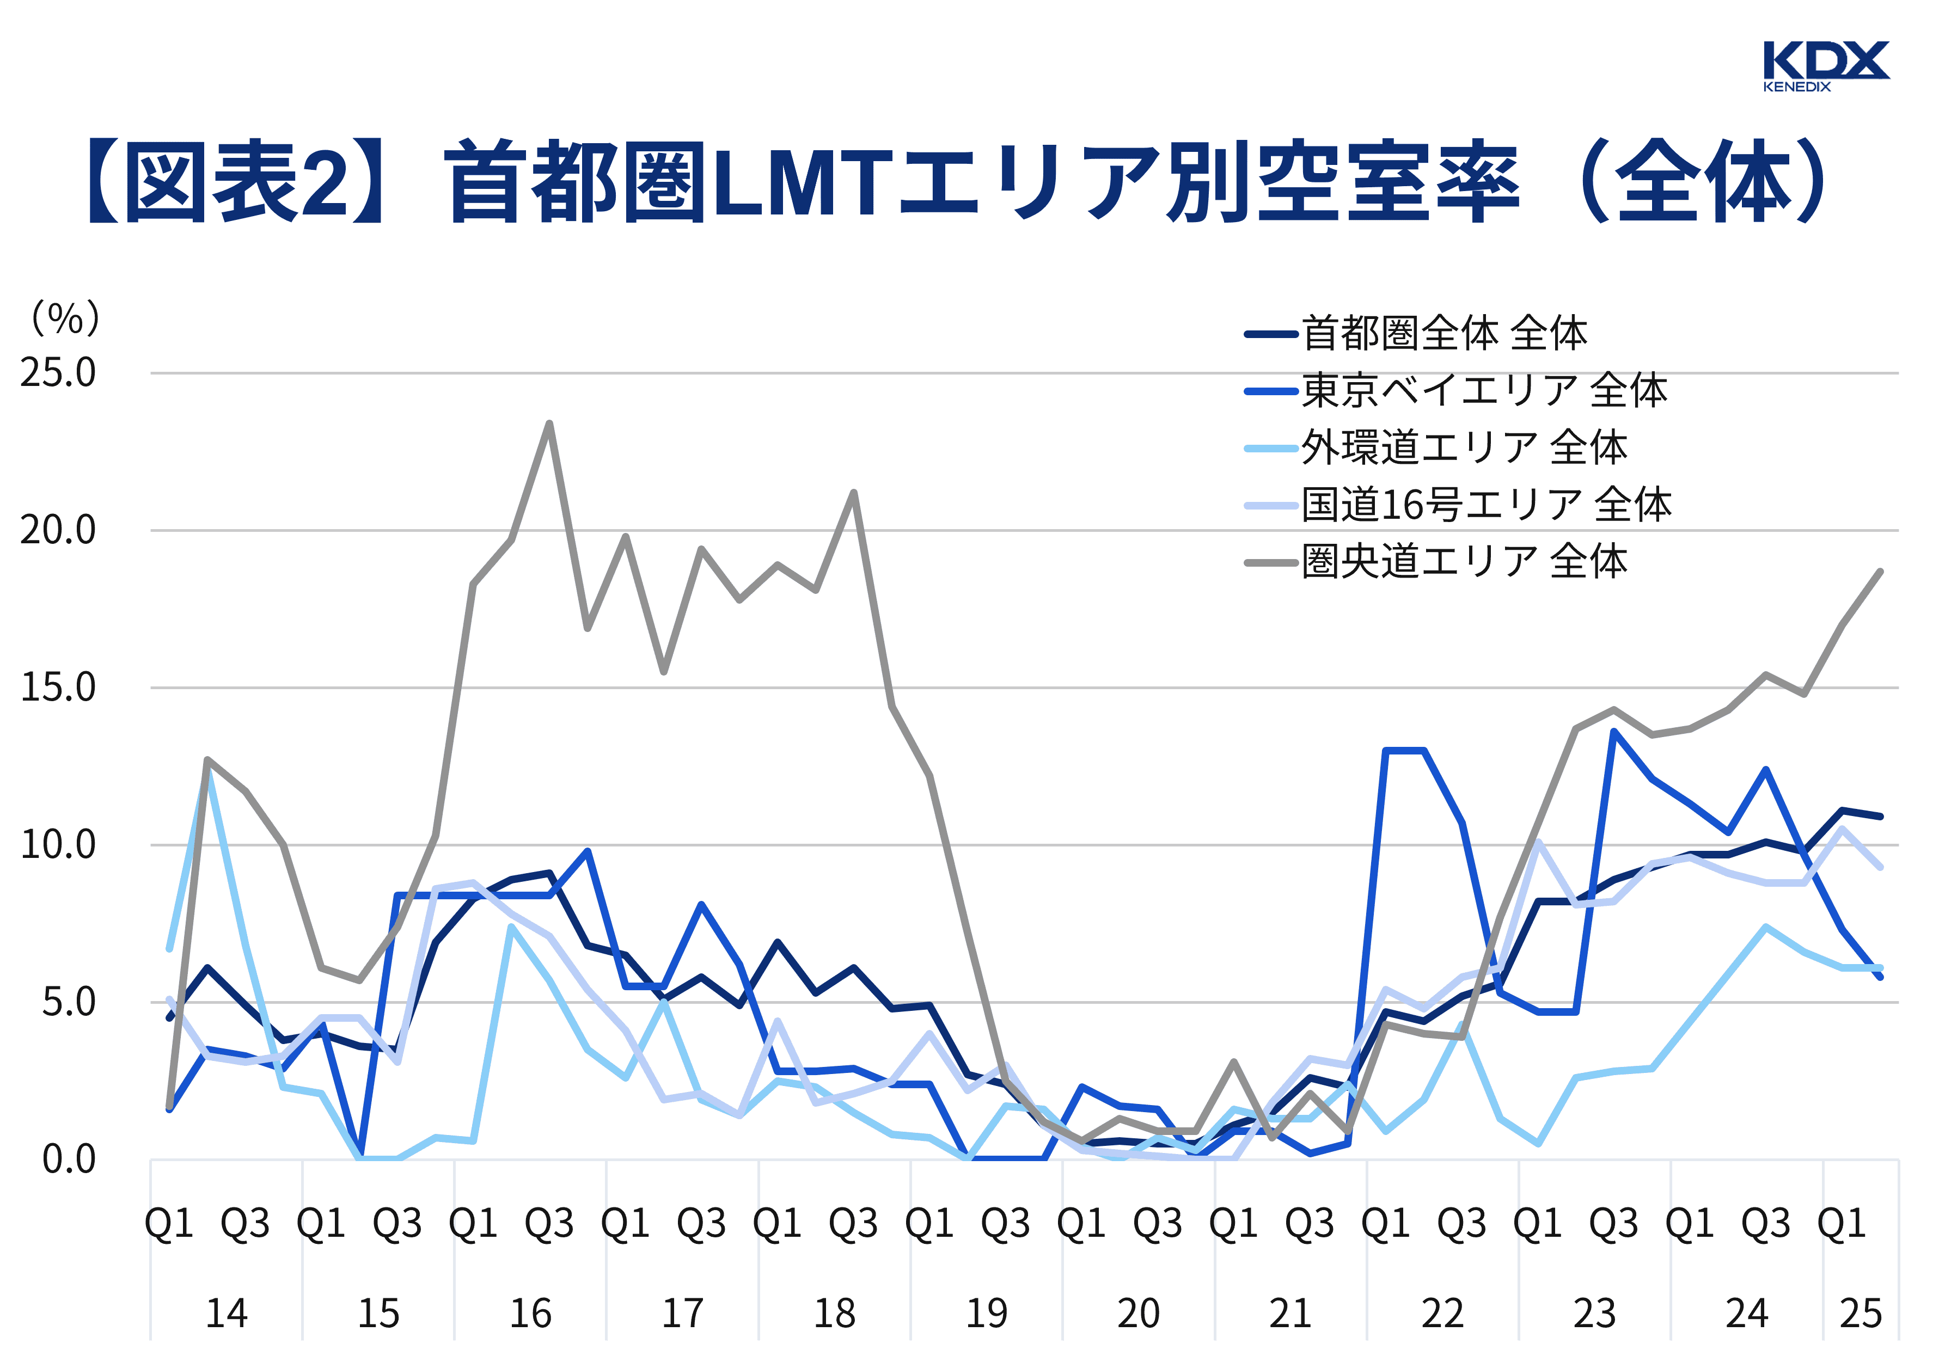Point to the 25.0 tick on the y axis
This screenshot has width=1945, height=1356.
pyautogui.click(x=58, y=373)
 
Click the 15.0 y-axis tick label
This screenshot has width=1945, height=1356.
pyautogui.click(x=58, y=688)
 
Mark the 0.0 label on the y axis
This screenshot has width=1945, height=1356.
pyautogui.click(x=70, y=1159)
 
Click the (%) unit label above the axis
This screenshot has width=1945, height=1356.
pyautogui.click(x=65, y=320)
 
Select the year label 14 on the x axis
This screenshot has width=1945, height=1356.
pyautogui.click(x=226, y=1314)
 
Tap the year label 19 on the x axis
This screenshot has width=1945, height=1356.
pyautogui.click(x=986, y=1314)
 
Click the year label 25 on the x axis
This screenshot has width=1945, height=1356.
pyautogui.click(x=1860, y=1314)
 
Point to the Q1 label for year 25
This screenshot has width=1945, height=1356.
pyautogui.click(x=1842, y=1223)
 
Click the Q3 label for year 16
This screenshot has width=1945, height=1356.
pyautogui.click(x=549, y=1223)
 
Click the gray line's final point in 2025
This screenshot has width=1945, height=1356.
pyautogui.click(x=1881, y=572)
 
